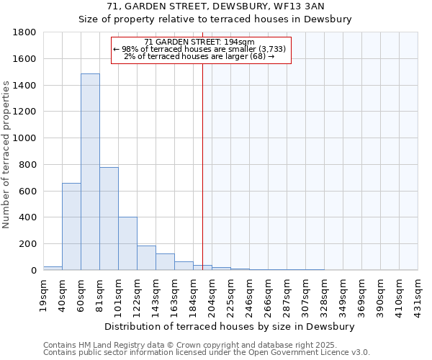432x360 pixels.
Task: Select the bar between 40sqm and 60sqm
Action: click(71, 226)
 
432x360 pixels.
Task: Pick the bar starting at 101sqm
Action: click(127, 243)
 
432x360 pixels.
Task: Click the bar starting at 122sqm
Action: click(146, 258)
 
